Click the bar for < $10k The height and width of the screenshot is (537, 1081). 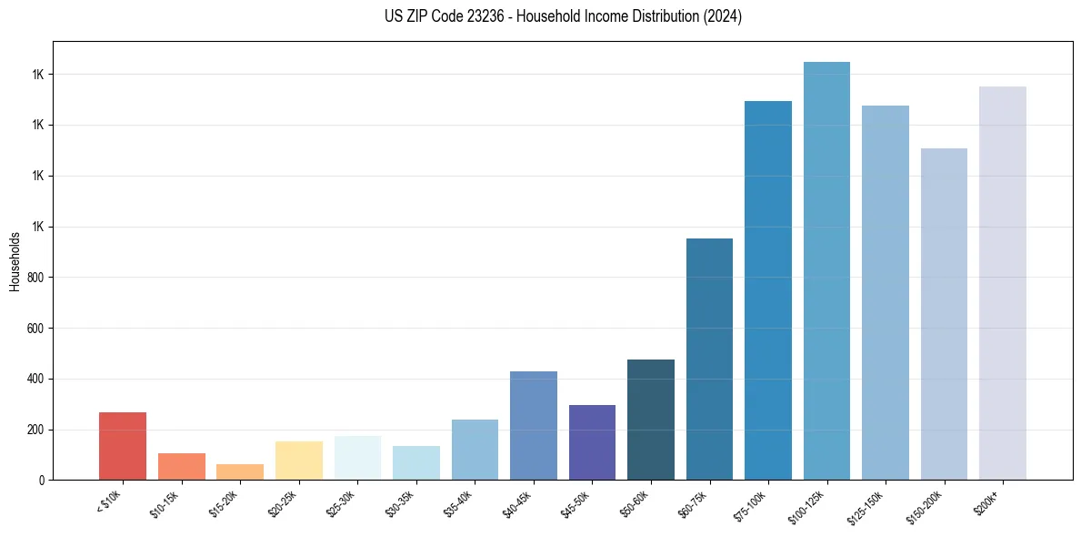pyautogui.click(x=123, y=446)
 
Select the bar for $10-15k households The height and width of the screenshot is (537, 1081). pyautogui.click(x=181, y=466)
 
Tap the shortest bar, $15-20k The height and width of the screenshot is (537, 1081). pyautogui.click(x=240, y=471)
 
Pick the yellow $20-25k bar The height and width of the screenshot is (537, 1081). pyautogui.click(x=299, y=461)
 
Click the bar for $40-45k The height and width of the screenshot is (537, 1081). pyautogui.click(x=534, y=425)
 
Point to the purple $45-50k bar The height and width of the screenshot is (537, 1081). pyautogui.click(x=592, y=442)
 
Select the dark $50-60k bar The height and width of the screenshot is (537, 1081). pyautogui.click(x=651, y=420)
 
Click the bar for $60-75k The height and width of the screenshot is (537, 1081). pyautogui.click(x=709, y=359)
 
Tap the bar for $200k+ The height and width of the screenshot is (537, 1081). pyautogui.click(x=1003, y=283)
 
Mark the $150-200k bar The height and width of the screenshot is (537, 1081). pyautogui.click(x=944, y=314)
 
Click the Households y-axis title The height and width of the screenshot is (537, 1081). pyautogui.click(x=15, y=261)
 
